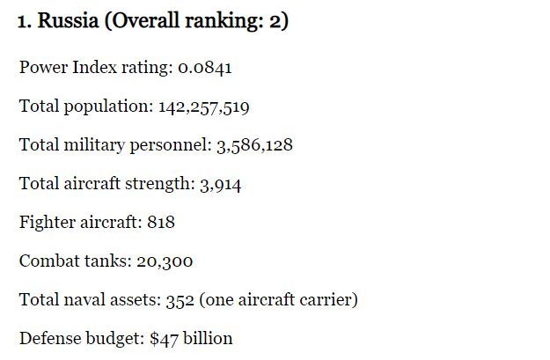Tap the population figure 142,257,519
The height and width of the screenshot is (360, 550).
(203, 107)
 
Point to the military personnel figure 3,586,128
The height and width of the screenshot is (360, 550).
(254, 145)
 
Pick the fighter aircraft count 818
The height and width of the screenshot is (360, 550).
(161, 223)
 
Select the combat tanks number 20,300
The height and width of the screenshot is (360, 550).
(165, 261)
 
